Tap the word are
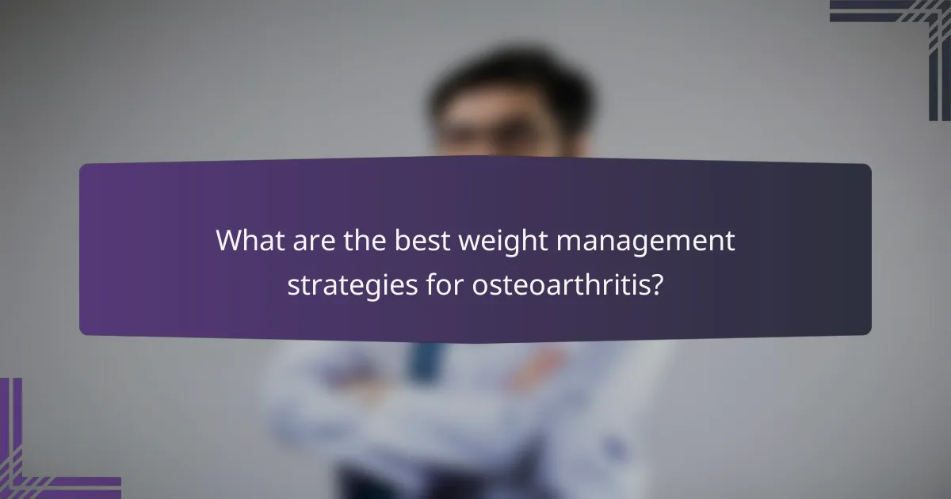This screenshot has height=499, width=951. pos(306,241)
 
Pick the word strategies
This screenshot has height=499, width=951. pos(350,284)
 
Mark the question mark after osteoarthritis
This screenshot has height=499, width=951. pos(655,284)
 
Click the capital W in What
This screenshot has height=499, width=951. pos(231,241)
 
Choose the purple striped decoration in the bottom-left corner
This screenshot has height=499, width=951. pos(40,459)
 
